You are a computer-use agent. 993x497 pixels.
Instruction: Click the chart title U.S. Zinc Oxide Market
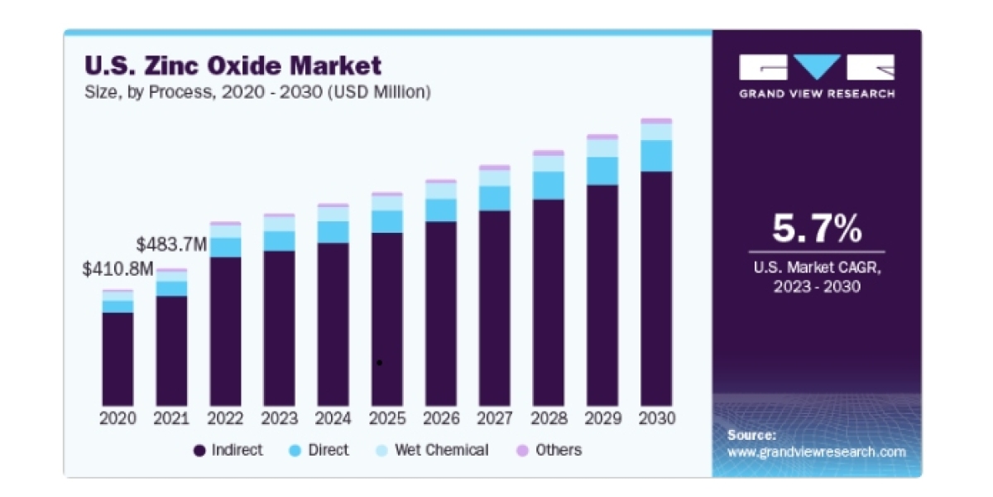coord(233,65)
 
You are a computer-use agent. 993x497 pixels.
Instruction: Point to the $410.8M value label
coord(118,269)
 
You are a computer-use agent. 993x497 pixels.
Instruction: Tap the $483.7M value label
coord(171,244)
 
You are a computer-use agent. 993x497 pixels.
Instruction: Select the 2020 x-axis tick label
coord(118,418)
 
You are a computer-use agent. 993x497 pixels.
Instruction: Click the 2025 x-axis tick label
coord(387,418)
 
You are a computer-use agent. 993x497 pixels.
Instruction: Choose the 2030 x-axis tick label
coord(656,418)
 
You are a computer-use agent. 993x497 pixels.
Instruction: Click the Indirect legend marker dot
coord(199,451)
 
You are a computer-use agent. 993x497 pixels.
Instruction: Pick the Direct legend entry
coord(319,451)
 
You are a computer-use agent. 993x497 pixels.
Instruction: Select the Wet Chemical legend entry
coord(432,451)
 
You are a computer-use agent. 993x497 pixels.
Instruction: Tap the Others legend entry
coord(549,451)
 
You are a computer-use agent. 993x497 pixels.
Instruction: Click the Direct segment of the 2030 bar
coord(656,156)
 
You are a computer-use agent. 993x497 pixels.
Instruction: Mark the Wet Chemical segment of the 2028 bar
coord(549,164)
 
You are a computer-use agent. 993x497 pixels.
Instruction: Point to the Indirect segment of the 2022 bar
coord(226,331)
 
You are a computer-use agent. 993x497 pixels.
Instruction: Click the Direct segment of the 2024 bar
coord(333,232)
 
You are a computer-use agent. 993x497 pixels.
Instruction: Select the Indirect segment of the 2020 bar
coord(118,359)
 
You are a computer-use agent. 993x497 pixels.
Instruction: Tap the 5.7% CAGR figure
coord(817,229)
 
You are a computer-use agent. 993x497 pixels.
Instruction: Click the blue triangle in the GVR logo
coord(817,65)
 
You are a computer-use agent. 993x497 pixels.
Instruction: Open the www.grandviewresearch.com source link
coord(817,452)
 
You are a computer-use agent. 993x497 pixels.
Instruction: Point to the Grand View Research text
coord(817,94)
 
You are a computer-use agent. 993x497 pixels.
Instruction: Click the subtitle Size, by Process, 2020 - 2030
coord(257,92)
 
